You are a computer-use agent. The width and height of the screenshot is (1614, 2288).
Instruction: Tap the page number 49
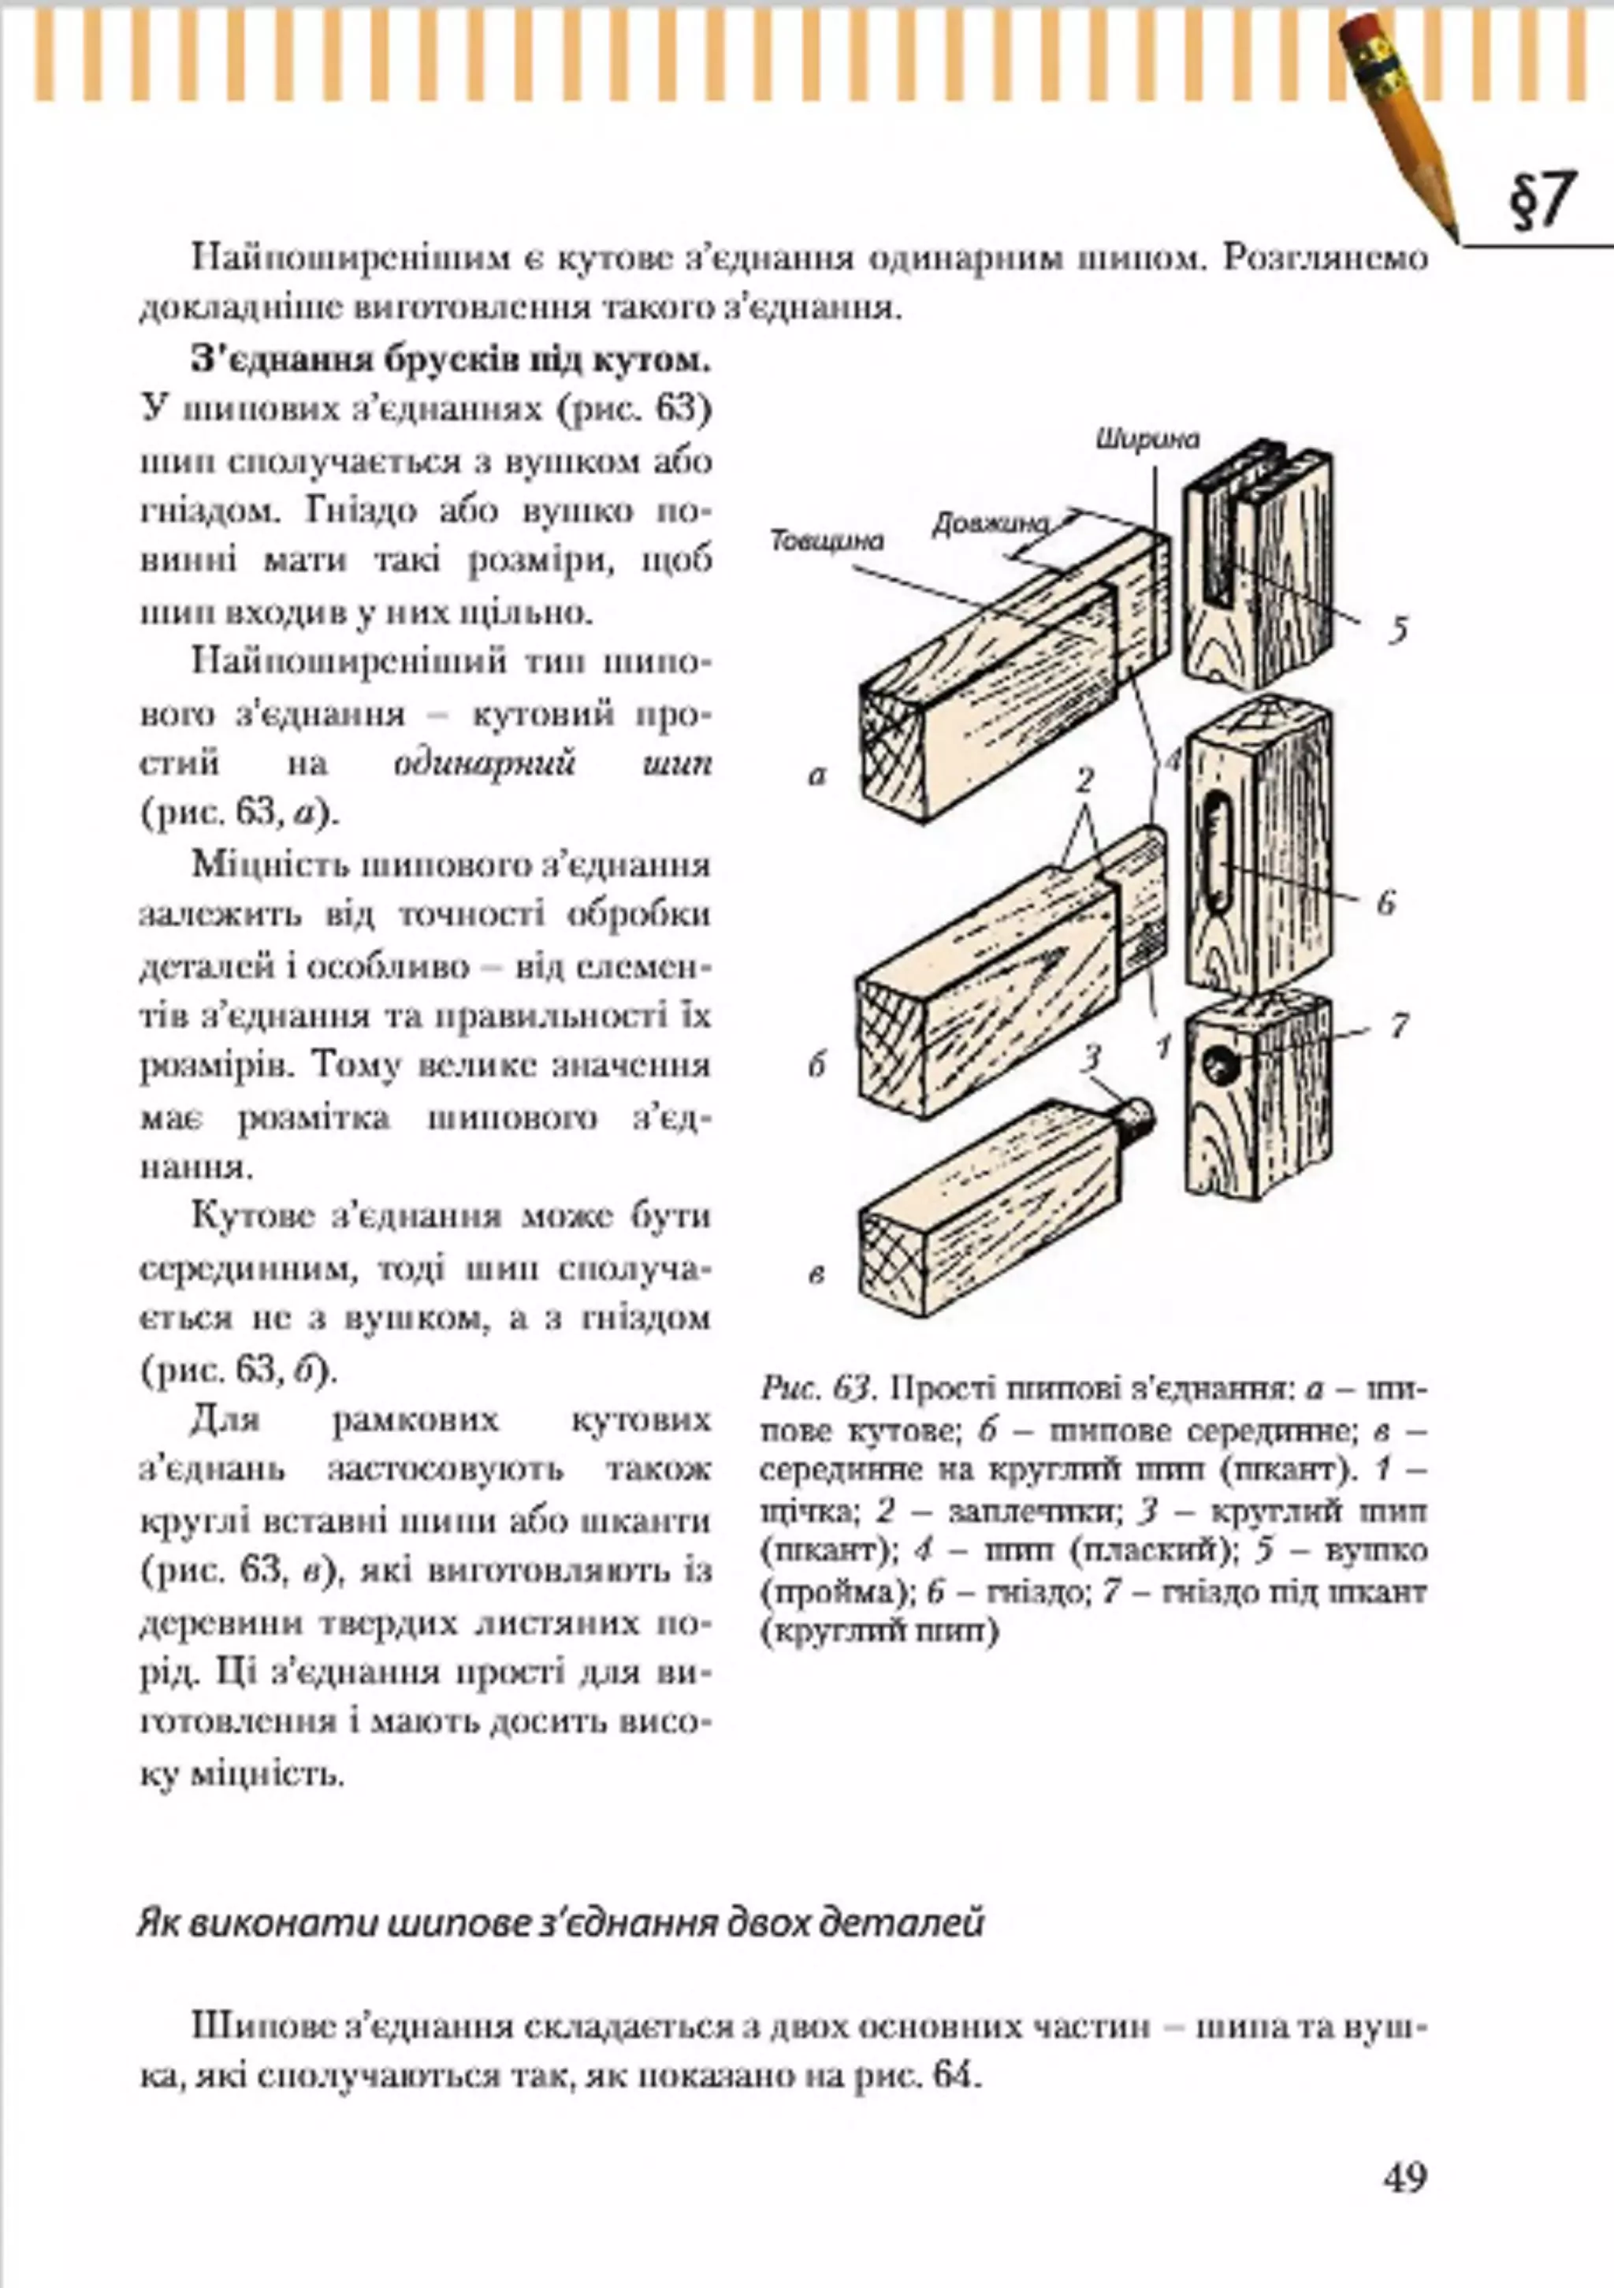[x=1405, y=2175]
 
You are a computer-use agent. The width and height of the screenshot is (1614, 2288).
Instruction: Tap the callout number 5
[x=1399, y=630]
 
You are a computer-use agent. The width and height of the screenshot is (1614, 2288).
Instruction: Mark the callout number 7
[x=1399, y=1025]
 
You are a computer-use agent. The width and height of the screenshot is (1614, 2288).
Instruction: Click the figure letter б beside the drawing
[x=817, y=1066]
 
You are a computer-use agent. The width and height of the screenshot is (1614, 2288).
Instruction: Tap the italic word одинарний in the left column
[x=485, y=764]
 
